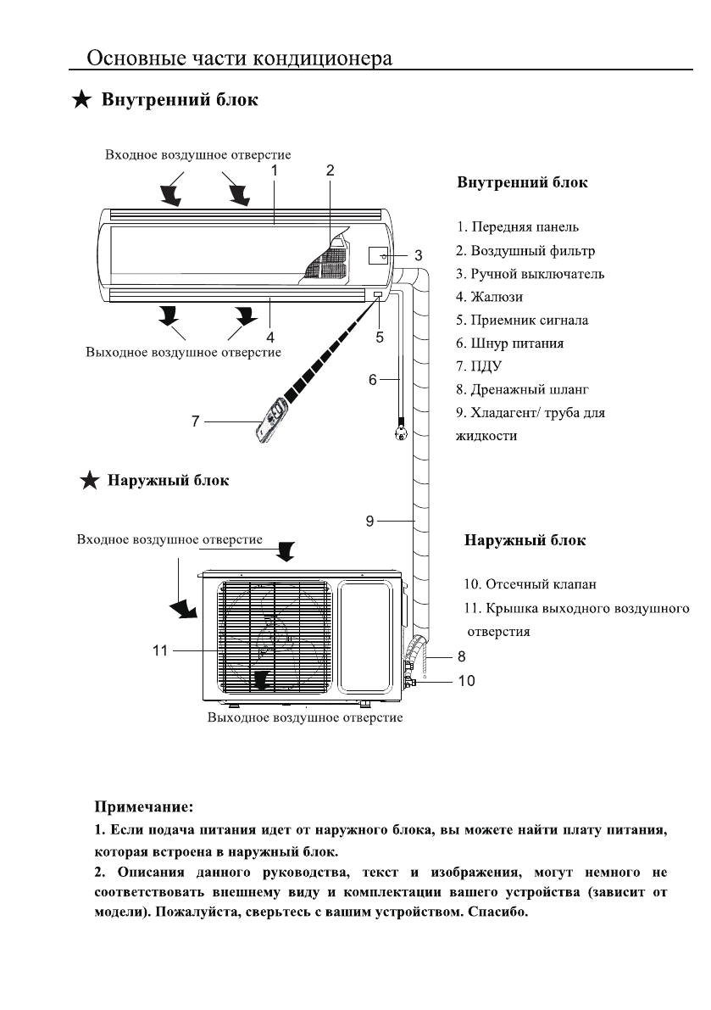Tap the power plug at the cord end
pyautogui.click(x=400, y=430)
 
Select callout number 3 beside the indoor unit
pyautogui.click(x=419, y=256)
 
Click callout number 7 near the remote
pyautogui.click(x=196, y=421)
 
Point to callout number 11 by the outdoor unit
pyautogui.click(x=159, y=650)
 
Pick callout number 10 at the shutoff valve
pyautogui.click(x=466, y=681)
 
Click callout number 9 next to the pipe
pyautogui.click(x=370, y=521)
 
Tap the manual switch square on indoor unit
pyautogui.click(x=378, y=256)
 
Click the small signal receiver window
pyautogui.click(x=376, y=295)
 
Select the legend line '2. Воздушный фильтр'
pyautogui.click(x=525, y=250)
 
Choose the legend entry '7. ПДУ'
pyautogui.click(x=479, y=365)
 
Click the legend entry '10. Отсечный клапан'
pyautogui.click(x=530, y=584)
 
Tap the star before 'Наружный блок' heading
pyautogui.click(x=90, y=480)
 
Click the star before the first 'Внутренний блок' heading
pyautogui.click(x=81, y=100)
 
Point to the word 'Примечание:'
pyautogui.click(x=143, y=806)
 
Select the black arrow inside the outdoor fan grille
pyautogui.click(x=261, y=680)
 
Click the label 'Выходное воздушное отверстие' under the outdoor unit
pyautogui.click(x=305, y=717)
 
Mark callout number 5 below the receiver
pyautogui.click(x=380, y=337)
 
